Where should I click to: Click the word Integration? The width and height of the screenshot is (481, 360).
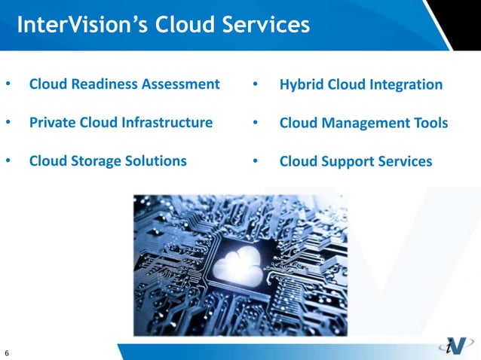point(406,84)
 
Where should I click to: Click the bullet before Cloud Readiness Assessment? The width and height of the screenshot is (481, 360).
point(8,84)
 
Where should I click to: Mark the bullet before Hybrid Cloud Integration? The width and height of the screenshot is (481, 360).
point(256,84)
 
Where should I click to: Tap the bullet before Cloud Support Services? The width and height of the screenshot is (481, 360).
point(256,161)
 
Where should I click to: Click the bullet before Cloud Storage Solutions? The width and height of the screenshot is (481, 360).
point(8,160)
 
